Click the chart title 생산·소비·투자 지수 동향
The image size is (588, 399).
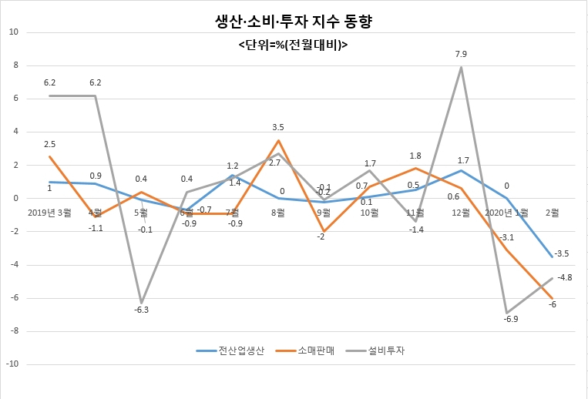tap(294, 22)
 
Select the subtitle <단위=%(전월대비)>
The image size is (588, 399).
tap(293, 45)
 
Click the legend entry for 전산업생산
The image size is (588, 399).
tap(230, 350)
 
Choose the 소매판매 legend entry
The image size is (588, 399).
tap(305, 350)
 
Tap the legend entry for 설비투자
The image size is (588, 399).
tap(375, 350)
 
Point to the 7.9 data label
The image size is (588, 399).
tap(461, 55)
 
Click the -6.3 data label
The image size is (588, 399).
tap(141, 310)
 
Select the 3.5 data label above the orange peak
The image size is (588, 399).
tap(278, 127)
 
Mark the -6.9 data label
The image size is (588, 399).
tap(510, 319)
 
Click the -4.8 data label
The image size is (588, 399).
tap(564, 277)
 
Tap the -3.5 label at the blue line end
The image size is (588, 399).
tap(561, 253)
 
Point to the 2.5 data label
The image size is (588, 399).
tap(49, 144)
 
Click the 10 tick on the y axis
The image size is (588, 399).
tap(14, 32)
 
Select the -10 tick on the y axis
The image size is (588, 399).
tap(12, 364)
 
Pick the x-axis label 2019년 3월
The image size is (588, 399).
tap(49, 213)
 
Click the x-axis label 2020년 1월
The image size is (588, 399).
tap(506, 213)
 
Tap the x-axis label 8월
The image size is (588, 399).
tap(278, 213)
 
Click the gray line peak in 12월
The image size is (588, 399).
tap(461, 68)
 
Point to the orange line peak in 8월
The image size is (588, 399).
tap(278, 140)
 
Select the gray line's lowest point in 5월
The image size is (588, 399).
tap(141, 303)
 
